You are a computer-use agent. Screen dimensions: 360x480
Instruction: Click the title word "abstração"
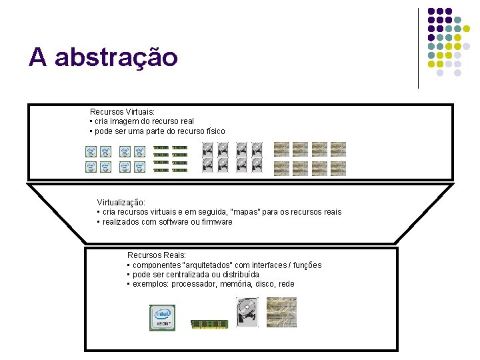(116, 57)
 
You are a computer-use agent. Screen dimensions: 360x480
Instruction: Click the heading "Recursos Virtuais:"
(122, 112)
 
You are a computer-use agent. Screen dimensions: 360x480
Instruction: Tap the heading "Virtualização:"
(121, 202)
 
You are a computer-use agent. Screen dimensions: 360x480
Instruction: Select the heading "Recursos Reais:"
(157, 255)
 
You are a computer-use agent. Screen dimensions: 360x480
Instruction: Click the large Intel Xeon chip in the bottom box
(163, 317)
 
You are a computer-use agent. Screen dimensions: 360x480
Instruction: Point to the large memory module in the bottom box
(209, 324)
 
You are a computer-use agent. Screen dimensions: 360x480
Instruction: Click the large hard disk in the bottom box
(247, 312)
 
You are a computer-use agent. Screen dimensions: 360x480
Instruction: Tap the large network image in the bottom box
(281, 312)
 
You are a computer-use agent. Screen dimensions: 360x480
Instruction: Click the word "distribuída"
(238, 275)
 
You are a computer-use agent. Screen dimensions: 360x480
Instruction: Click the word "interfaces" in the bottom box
(269, 265)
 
